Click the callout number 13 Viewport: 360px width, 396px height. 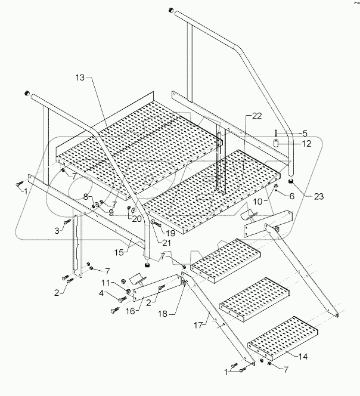point(80,78)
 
